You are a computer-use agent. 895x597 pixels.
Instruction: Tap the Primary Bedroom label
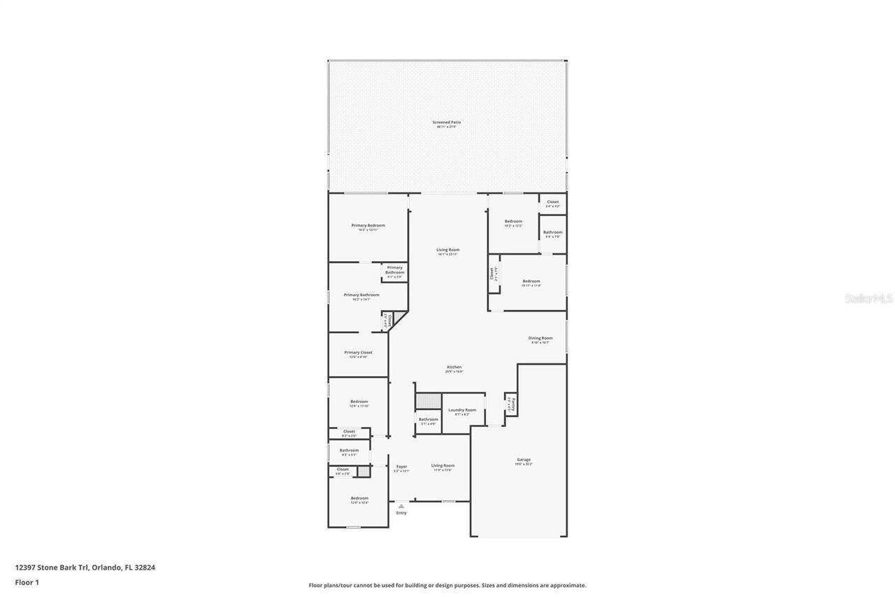(x=368, y=225)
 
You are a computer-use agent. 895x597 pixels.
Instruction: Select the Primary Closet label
(x=358, y=353)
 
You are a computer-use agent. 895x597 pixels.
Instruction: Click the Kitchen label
(x=454, y=367)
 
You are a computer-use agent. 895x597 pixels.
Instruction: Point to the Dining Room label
(x=540, y=338)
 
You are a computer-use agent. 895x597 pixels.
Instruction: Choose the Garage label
(x=524, y=460)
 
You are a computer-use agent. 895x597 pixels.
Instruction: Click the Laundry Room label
(x=462, y=410)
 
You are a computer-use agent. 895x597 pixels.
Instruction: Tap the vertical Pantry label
(x=513, y=404)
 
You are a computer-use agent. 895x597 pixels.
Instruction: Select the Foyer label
(x=401, y=466)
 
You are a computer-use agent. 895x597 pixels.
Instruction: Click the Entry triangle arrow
(x=401, y=505)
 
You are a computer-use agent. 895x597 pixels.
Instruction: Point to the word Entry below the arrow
(x=401, y=513)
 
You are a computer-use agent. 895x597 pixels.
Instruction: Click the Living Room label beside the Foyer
(x=443, y=465)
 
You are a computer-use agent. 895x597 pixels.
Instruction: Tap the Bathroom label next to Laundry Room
(x=428, y=419)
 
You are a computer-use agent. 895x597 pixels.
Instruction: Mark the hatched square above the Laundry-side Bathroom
(x=429, y=401)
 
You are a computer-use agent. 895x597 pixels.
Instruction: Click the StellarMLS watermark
(x=868, y=299)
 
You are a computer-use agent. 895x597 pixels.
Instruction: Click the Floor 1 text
(x=27, y=582)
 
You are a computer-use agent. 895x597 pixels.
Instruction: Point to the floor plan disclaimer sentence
(x=447, y=585)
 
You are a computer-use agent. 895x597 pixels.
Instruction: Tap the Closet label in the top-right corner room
(x=552, y=202)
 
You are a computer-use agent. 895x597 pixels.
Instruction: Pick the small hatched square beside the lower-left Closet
(x=364, y=471)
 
